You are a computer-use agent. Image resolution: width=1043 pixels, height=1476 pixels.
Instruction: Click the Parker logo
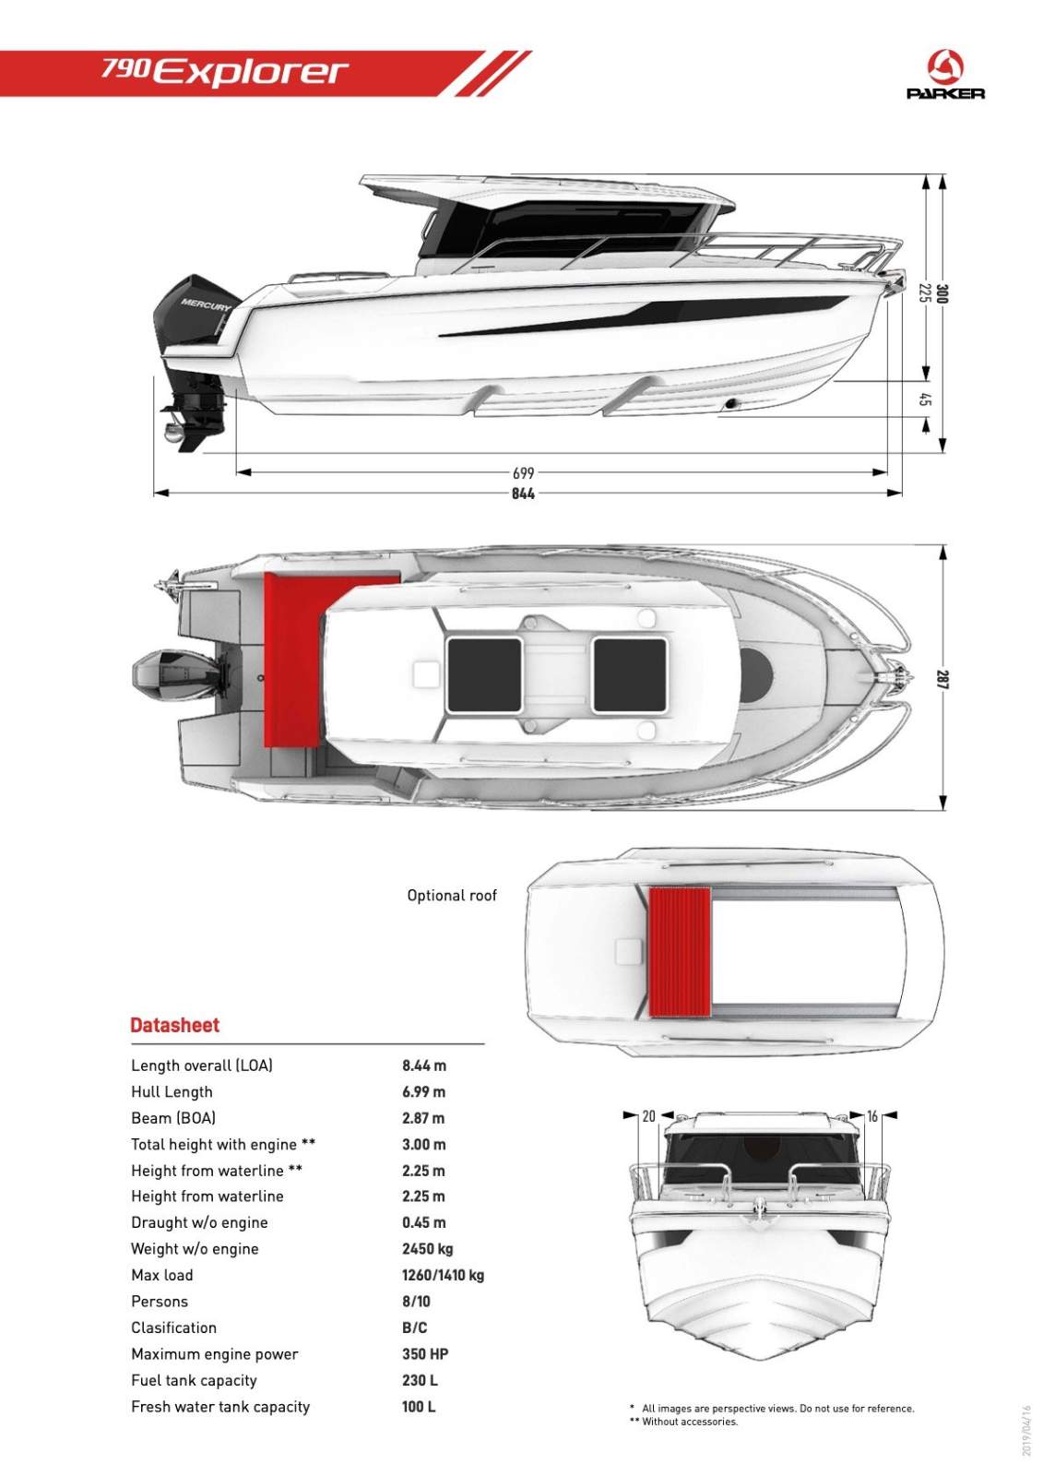coord(945,76)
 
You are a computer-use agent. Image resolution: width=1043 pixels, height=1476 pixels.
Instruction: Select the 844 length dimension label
coord(523,494)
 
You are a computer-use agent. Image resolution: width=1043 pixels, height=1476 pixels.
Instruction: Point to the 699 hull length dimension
coord(523,473)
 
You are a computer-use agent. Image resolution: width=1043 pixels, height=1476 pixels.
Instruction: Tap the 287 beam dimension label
coord(942,680)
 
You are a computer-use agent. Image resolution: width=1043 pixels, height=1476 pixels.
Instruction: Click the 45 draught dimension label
coord(925,399)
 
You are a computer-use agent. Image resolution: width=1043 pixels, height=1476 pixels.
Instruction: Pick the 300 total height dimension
coord(942,294)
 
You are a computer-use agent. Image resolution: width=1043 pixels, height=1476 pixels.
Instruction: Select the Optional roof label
coord(452,895)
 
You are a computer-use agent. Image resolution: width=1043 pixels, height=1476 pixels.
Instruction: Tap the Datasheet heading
coord(175,1025)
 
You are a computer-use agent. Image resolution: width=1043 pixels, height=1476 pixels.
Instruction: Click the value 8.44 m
coord(424,1065)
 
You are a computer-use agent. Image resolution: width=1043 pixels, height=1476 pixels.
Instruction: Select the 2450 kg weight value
coord(428,1249)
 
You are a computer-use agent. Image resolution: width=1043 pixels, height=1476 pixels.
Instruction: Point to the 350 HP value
coord(425,1354)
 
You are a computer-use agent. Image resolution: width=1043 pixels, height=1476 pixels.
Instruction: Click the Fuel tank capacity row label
coord(194,1381)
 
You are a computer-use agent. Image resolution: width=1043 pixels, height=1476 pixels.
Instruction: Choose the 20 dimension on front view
coord(648,1116)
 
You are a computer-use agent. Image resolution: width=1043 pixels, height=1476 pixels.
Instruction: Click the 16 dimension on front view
coord(872,1116)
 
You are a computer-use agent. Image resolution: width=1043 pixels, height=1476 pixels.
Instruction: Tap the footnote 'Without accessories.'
coord(689,1422)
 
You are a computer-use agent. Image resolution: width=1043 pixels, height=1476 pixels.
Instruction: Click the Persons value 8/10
coord(416,1302)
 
